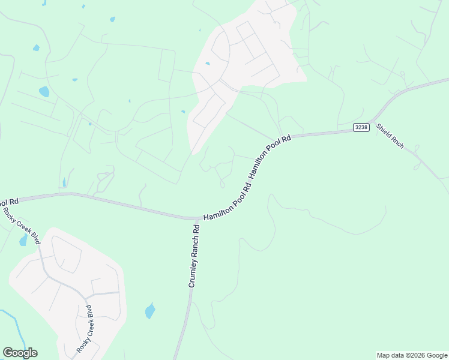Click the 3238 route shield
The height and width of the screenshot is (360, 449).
pos(360,127)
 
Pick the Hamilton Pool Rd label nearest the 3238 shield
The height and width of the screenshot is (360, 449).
pos(270,155)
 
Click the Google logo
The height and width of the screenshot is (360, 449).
pos(20,353)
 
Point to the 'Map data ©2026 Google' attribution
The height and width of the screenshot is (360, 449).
pos(411,355)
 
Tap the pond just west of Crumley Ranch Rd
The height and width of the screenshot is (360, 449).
pos(149,311)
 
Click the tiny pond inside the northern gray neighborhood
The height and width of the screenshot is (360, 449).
pos(208,63)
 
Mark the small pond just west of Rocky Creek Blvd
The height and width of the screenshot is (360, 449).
pos(23,240)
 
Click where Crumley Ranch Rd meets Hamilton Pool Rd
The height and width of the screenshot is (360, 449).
pos(196,218)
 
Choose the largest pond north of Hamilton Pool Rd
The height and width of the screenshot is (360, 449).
pos(44,92)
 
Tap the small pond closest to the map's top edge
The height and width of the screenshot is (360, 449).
pos(112,19)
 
